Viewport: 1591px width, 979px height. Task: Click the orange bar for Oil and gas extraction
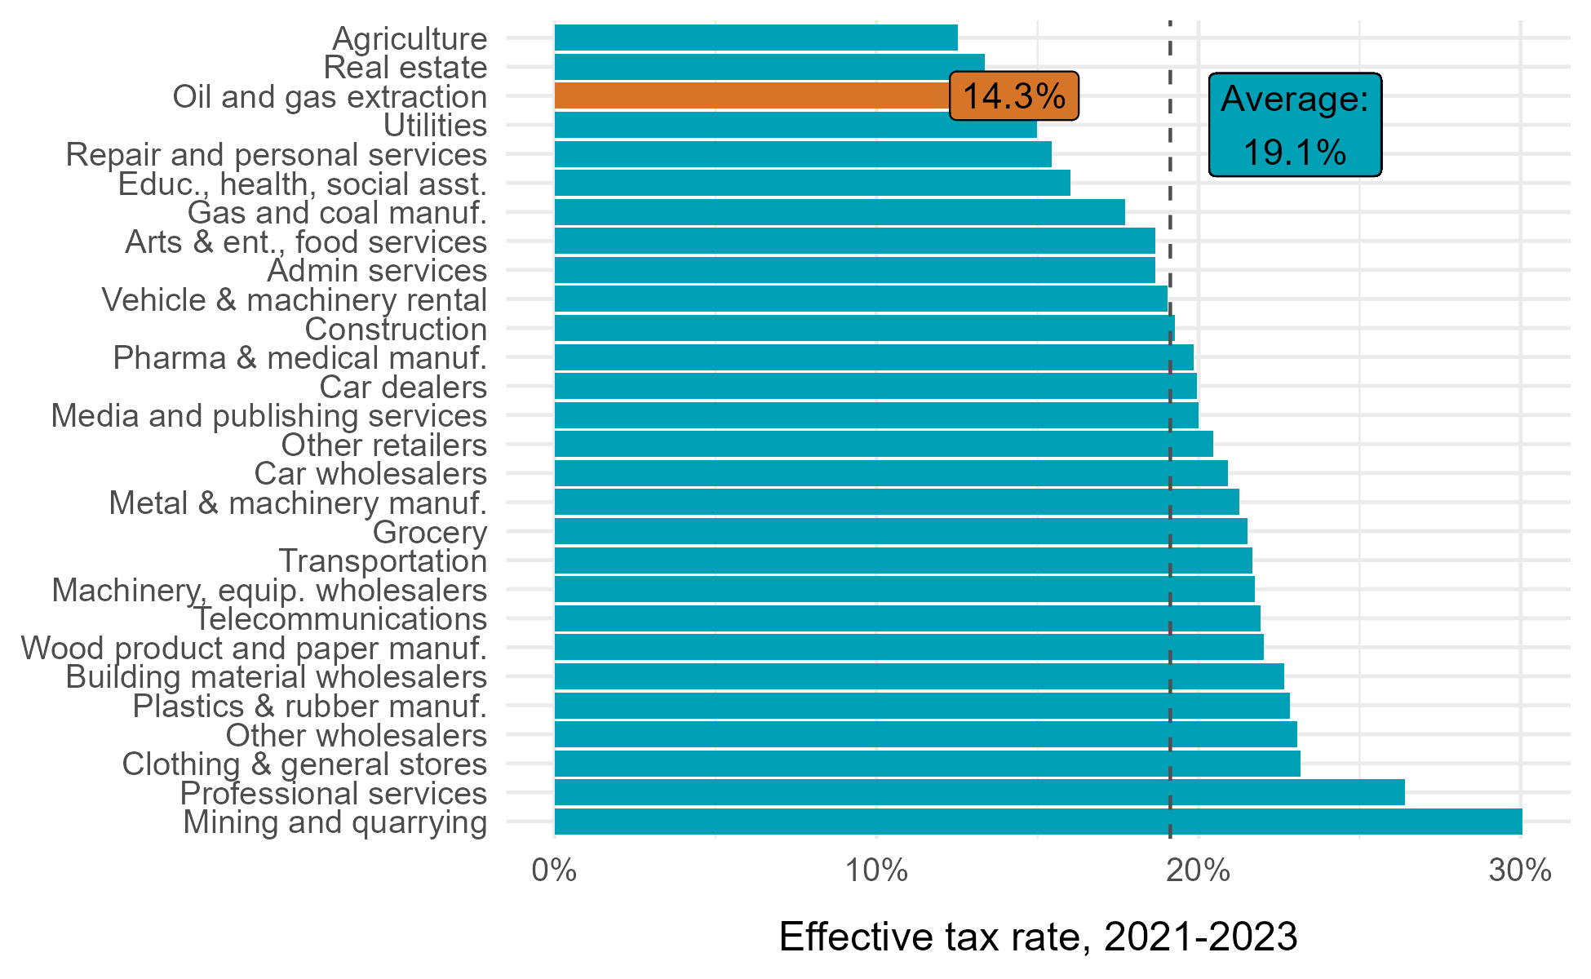click(x=751, y=95)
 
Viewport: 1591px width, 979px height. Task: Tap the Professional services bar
click(x=979, y=792)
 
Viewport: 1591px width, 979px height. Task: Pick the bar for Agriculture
click(x=756, y=38)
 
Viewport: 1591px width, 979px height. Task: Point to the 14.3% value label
click(x=1013, y=96)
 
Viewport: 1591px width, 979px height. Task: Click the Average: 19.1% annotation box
click(x=1295, y=125)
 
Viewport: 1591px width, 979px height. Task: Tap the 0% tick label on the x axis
click(x=554, y=871)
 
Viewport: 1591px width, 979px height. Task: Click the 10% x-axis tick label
click(x=876, y=871)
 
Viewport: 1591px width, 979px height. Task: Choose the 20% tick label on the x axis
click(x=1198, y=871)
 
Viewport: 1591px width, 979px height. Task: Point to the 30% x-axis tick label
click(x=1520, y=871)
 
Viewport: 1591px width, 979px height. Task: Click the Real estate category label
click(x=406, y=67)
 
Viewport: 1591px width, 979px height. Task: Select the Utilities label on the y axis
click(x=435, y=125)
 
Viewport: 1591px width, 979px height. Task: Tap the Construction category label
click(x=396, y=329)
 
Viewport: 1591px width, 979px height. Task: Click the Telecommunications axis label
click(x=340, y=618)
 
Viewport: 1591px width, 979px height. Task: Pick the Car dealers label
click(x=403, y=387)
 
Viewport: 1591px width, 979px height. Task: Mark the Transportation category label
click(x=383, y=560)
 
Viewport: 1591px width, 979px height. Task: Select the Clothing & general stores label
click(x=304, y=764)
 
